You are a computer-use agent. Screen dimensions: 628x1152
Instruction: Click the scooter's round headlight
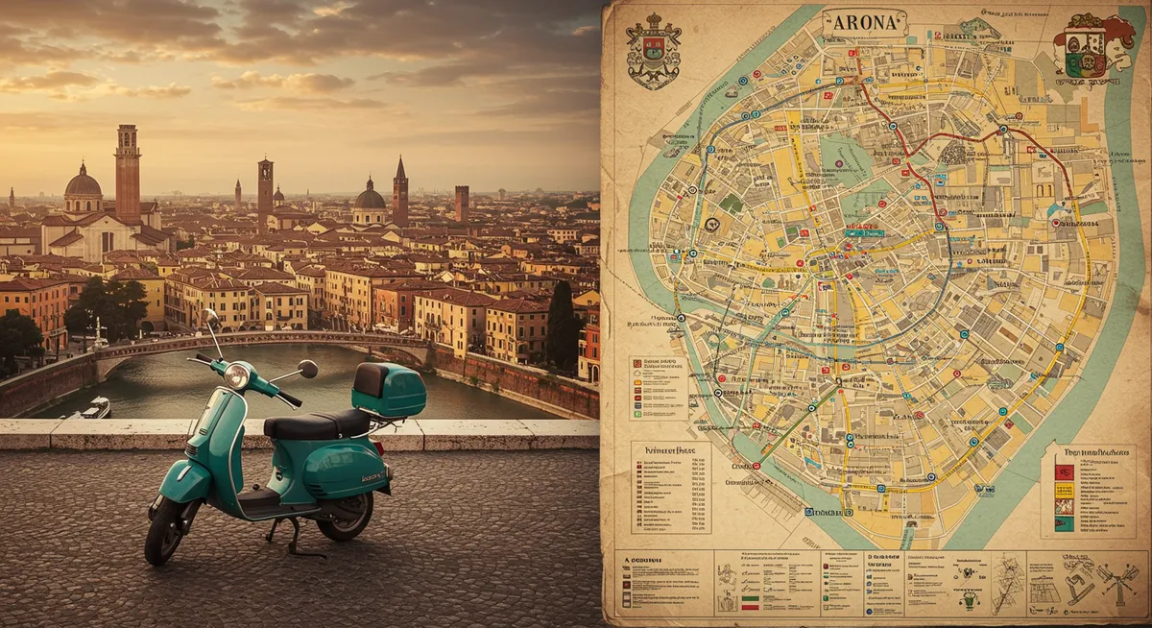tap(235, 375)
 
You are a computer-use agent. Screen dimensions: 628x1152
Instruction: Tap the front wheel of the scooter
tap(164, 531)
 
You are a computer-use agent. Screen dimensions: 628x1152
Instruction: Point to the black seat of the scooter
tap(316, 423)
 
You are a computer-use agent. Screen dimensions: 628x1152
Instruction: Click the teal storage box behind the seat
tap(389, 390)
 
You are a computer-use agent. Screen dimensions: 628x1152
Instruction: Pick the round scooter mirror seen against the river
tap(307, 369)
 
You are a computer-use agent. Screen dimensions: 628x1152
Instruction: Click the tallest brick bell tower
tap(128, 173)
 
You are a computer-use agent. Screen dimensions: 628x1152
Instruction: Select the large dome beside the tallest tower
tap(84, 186)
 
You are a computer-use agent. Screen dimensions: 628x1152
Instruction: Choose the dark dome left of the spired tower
tap(370, 200)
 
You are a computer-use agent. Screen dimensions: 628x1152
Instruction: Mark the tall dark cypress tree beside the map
tap(562, 326)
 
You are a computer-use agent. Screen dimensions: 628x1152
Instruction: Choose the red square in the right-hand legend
tap(1064, 472)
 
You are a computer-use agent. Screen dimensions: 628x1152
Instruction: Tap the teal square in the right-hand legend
tap(1064, 524)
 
